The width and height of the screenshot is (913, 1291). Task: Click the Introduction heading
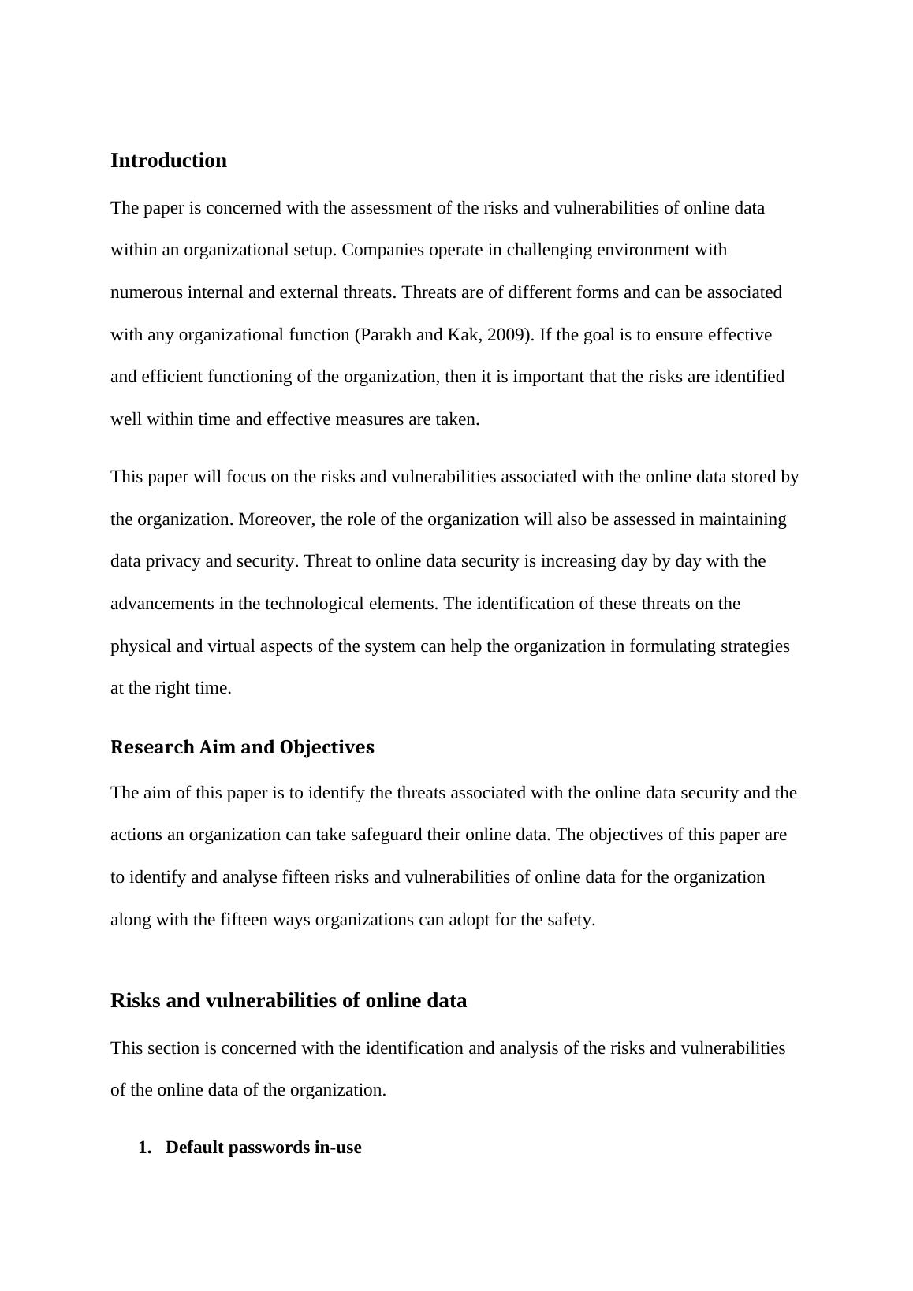tap(169, 161)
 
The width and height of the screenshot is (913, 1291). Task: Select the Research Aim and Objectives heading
tap(242, 747)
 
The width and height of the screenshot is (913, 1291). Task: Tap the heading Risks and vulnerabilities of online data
tap(289, 1001)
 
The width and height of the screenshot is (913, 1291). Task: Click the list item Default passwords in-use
tap(263, 1148)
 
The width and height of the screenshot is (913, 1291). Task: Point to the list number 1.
tap(144, 1148)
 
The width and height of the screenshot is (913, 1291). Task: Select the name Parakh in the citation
tap(386, 335)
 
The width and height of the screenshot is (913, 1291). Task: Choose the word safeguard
tap(384, 835)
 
